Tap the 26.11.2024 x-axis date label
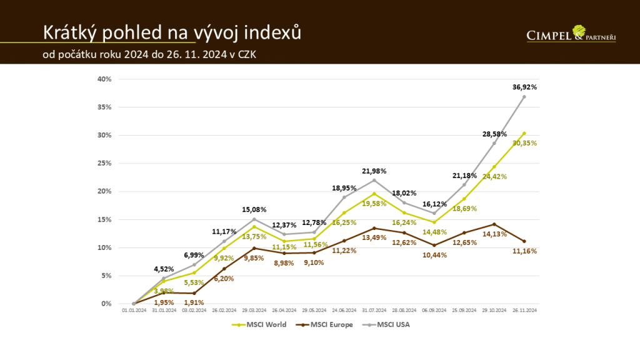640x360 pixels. (524, 310)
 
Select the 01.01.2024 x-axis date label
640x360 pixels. (134, 310)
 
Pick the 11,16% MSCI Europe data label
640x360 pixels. (524, 251)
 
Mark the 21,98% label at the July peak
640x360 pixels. (374, 171)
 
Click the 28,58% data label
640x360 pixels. (494, 134)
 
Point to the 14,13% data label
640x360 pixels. (494, 234)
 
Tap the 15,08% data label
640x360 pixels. (254, 210)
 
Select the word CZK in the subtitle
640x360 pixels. (244, 54)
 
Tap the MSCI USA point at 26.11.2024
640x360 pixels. (524, 97)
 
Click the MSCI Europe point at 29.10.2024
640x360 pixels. (494, 224)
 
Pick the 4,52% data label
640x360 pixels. (164, 269)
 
